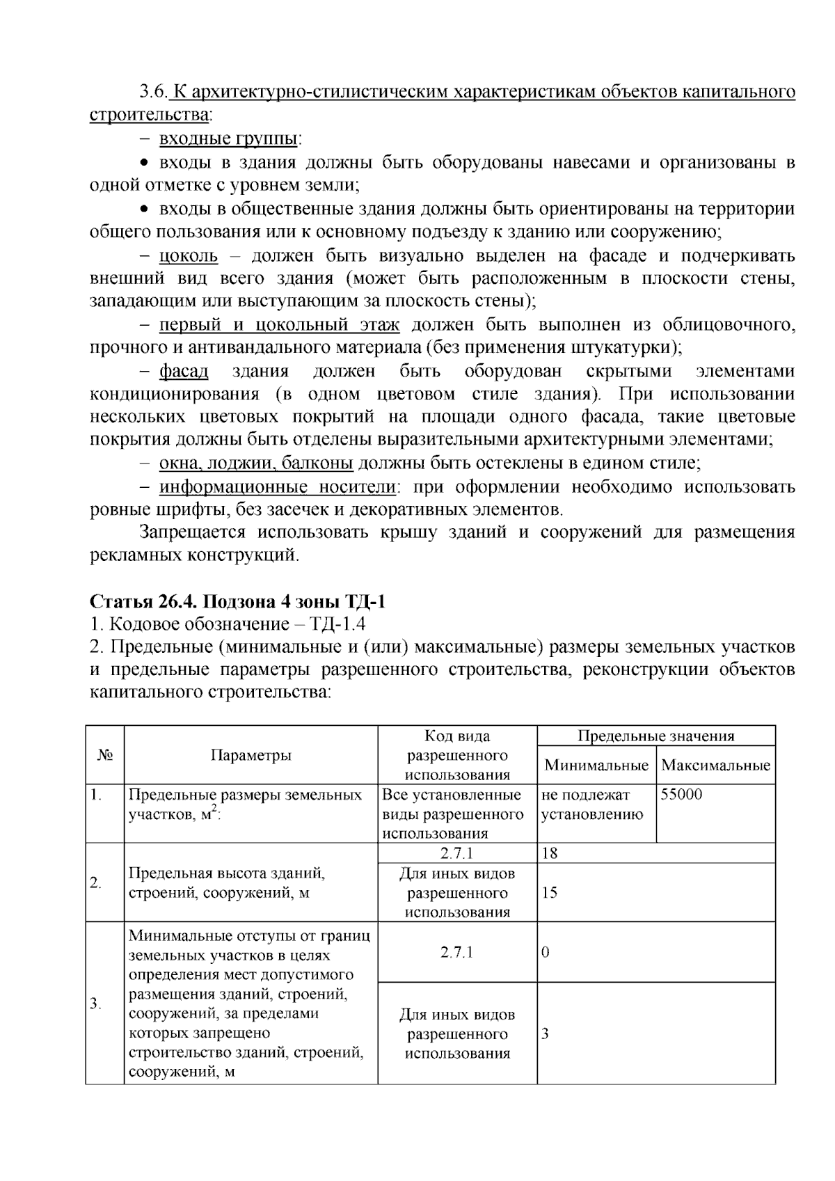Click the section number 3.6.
(x=153, y=92)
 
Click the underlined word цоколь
(x=189, y=256)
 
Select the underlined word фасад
(x=184, y=371)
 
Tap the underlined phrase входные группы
(x=229, y=138)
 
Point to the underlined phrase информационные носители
(x=278, y=486)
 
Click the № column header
(x=104, y=756)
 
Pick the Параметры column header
(x=250, y=756)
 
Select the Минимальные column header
(x=596, y=766)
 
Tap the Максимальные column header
(x=715, y=766)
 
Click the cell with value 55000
(x=681, y=795)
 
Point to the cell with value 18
(x=549, y=854)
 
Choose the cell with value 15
(x=549, y=893)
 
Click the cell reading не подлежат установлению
(x=591, y=804)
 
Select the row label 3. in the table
(x=96, y=1004)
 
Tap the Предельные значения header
(x=655, y=736)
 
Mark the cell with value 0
(x=546, y=953)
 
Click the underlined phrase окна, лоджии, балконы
(x=256, y=463)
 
